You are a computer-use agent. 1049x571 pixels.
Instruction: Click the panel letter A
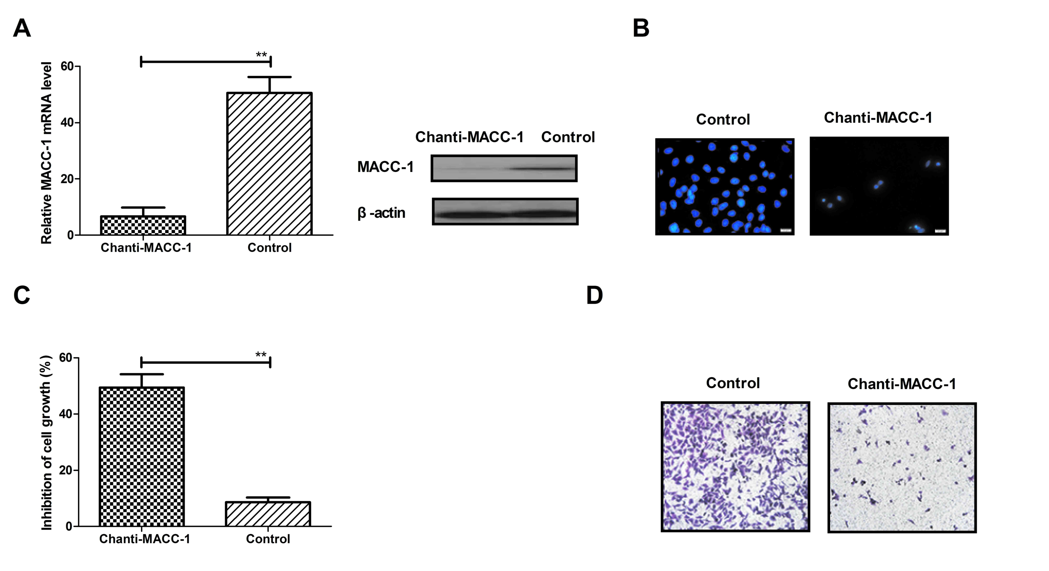click(x=22, y=28)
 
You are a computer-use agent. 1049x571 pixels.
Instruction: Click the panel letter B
click(x=641, y=28)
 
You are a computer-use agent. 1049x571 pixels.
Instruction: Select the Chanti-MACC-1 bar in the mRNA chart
click(x=143, y=226)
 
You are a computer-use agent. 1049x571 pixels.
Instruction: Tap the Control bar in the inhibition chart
click(x=268, y=514)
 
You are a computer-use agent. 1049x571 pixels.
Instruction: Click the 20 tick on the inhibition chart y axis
click(x=65, y=470)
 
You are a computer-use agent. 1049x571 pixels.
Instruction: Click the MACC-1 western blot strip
click(x=504, y=168)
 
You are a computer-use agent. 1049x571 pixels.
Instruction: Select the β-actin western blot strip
click(x=505, y=211)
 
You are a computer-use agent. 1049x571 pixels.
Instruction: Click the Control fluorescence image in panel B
click(x=724, y=187)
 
